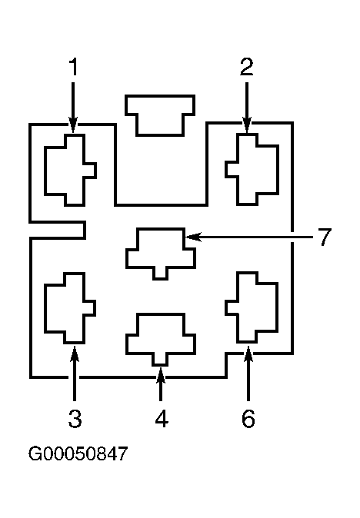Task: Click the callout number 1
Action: [73, 66]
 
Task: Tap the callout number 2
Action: [247, 66]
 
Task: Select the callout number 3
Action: [75, 418]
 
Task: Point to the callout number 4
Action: [162, 418]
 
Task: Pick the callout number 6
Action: [248, 418]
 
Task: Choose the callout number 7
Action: [325, 237]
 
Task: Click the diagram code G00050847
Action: [78, 453]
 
